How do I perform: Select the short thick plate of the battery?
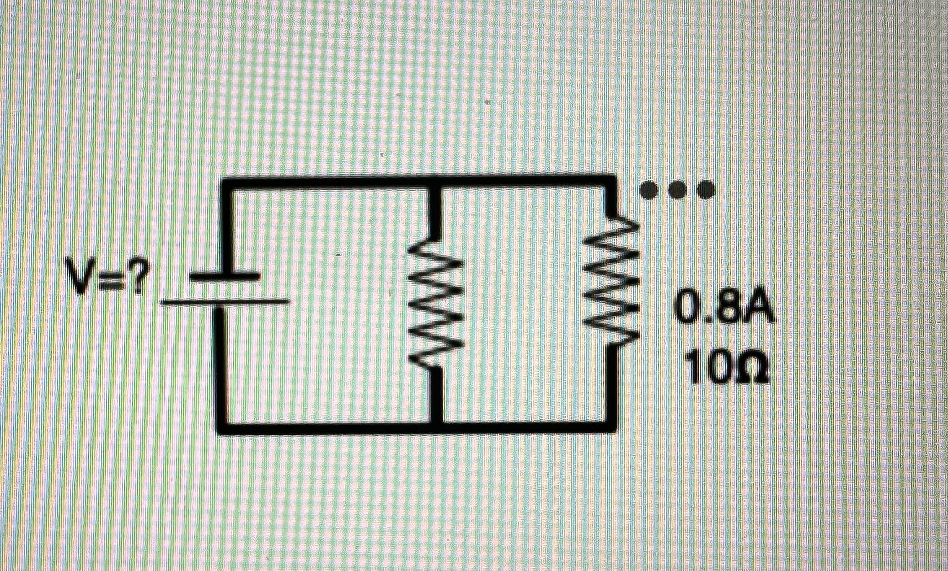click(225, 276)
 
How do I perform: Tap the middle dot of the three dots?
click(677, 189)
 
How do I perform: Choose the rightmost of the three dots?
click(705, 189)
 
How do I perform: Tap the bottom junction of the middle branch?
click(437, 427)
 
